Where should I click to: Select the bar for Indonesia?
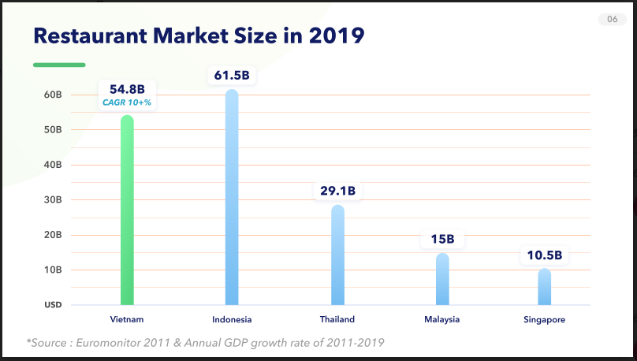point(232,197)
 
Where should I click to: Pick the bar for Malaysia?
point(442,279)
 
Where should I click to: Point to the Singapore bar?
point(544,287)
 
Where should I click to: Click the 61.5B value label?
point(232,76)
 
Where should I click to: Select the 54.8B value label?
point(127,88)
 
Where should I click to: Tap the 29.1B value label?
point(337,191)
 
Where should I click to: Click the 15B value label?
point(442,239)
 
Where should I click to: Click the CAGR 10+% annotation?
point(127,102)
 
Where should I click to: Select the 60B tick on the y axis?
point(53,95)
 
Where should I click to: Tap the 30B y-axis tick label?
point(53,199)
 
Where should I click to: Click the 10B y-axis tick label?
point(53,270)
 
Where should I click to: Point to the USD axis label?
point(53,305)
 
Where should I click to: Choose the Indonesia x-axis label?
point(232,319)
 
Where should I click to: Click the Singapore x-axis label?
point(544,319)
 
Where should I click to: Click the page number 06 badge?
point(613,20)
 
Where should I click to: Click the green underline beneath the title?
point(58,65)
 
